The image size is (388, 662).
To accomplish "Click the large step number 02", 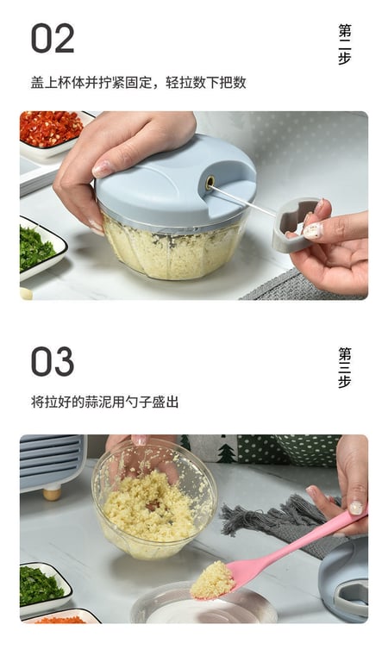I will click(53, 39).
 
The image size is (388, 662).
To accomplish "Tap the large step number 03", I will click(53, 361).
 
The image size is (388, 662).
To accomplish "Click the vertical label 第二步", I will click(345, 45).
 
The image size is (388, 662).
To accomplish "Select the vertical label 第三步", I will click(345, 368).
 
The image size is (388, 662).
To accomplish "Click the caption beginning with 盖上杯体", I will click(138, 83).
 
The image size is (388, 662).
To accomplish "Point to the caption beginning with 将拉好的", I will click(104, 402).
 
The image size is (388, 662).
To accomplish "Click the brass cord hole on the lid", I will click(210, 182).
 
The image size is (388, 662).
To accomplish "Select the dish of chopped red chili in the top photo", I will click(50, 129).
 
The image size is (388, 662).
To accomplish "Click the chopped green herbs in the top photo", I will click(34, 247).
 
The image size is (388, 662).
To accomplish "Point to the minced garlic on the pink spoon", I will click(212, 579).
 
